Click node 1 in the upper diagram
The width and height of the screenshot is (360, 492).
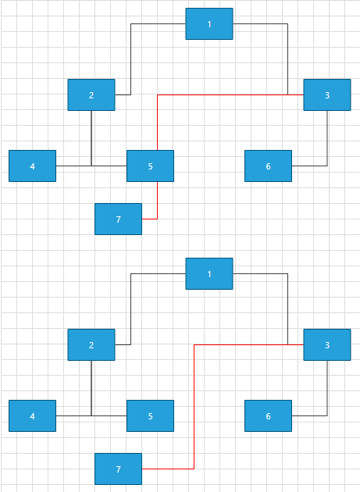[x=209, y=24]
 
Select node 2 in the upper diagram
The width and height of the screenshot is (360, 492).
[x=91, y=95]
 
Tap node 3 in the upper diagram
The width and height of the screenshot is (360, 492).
[x=326, y=95]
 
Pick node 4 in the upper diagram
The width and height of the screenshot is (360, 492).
[x=32, y=166]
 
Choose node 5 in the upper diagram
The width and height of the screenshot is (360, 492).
[x=150, y=166]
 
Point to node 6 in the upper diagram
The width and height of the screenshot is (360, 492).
[x=268, y=166]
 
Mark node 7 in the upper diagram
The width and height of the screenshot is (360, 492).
[x=118, y=219]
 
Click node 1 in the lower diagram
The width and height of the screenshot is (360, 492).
[x=209, y=274]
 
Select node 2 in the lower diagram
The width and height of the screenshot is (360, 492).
[x=91, y=345]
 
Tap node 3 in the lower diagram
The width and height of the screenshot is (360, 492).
[x=326, y=345]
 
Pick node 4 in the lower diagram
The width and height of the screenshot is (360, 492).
[x=32, y=415]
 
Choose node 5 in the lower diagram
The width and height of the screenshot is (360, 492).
[x=150, y=415]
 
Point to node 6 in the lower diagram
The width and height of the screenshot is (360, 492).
[x=268, y=415]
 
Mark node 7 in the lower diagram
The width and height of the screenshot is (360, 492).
[x=118, y=469]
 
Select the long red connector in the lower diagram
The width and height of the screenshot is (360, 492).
[x=194, y=406]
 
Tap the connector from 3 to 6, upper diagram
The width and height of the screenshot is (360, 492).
[x=326, y=141]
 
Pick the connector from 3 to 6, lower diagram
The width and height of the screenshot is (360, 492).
[x=326, y=390]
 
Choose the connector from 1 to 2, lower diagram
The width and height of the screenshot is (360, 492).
[x=130, y=308]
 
